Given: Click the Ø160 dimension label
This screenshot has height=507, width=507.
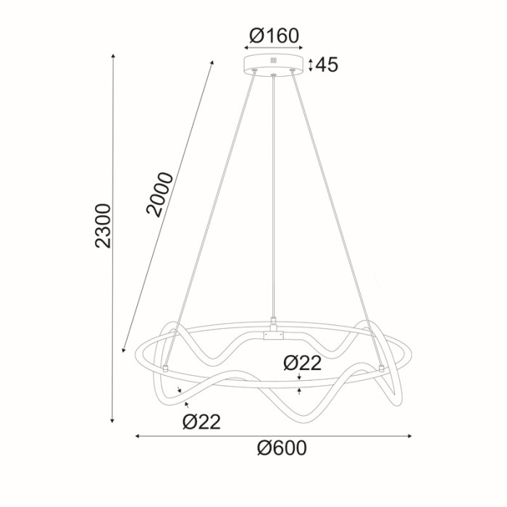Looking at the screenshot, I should (274, 35).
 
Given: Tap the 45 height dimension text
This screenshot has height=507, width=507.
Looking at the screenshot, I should (327, 64).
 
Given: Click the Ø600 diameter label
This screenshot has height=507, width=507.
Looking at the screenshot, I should (282, 448).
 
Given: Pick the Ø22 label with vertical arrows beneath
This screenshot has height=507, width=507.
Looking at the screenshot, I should (302, 363).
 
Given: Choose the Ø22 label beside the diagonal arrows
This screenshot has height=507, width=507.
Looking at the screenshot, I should (201, 420).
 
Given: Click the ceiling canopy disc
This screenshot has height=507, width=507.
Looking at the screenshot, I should (274, 64).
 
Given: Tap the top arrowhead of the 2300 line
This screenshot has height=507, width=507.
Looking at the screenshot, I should (113, 56).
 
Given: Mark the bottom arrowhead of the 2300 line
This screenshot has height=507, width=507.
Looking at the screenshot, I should (113, 420).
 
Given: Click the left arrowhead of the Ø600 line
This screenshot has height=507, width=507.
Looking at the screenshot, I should (138, 437).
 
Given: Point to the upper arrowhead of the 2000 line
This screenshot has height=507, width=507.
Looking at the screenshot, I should (213, 62).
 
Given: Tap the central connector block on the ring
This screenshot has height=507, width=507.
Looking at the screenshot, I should (274, 335).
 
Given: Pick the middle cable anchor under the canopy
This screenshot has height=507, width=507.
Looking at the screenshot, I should (274, 75).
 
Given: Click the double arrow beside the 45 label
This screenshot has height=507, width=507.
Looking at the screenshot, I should (310, 64).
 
